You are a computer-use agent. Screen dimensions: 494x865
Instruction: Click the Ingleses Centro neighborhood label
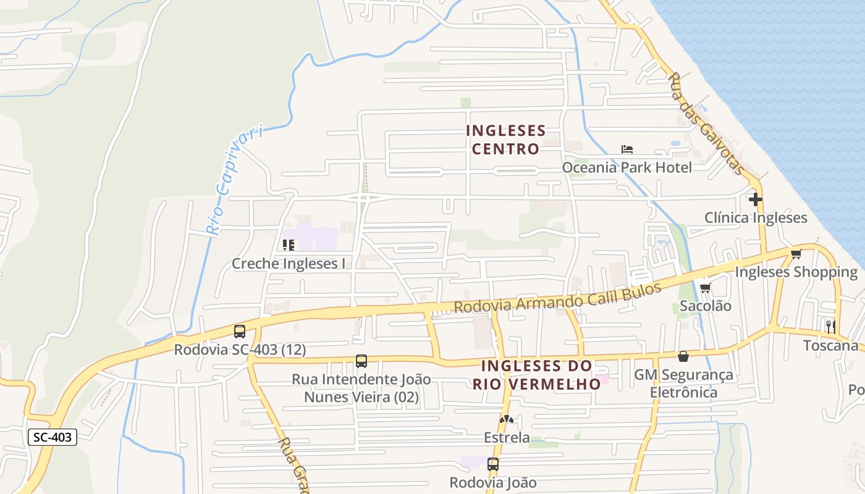505,140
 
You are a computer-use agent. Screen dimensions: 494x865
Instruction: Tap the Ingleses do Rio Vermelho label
536,375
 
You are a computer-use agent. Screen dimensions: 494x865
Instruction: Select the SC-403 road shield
53,437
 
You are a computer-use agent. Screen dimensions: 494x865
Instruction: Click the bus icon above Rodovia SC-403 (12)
240,332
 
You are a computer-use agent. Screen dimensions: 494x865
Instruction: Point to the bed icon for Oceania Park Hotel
627,149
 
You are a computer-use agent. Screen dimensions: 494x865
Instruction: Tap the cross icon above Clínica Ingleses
755,199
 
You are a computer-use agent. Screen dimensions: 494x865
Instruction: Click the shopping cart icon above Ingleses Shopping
796,254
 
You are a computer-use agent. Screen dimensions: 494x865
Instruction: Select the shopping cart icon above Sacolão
705,288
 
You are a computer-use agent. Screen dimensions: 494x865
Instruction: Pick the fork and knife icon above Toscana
830,326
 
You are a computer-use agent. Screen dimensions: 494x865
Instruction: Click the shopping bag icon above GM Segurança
683,356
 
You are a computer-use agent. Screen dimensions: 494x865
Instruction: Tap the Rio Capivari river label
234,180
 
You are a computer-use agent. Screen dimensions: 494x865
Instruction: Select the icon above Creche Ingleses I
288,245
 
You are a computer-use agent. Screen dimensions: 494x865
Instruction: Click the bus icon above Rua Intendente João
361,361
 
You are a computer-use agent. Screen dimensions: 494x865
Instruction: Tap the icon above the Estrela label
507,419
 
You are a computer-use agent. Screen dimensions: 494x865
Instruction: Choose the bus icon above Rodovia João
493,464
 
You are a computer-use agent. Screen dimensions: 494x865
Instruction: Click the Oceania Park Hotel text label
627,167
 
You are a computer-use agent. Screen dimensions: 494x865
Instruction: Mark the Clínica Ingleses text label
756,218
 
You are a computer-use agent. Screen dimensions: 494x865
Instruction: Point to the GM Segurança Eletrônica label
683,383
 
